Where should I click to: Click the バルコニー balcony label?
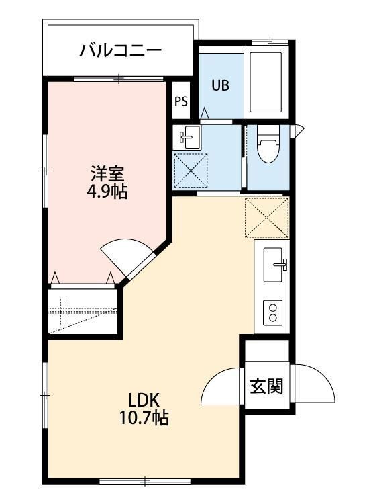[x=120, y=50]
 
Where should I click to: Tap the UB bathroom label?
[x=221, y=85]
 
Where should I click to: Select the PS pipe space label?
[x=180, y=101]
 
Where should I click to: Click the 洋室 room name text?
[x=107, y=173]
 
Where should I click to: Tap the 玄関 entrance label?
[x=266, y=386]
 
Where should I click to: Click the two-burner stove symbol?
[x=274, y=312]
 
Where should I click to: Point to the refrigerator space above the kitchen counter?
[x=266, y=217]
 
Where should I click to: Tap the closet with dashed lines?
[x=85, y=310]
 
